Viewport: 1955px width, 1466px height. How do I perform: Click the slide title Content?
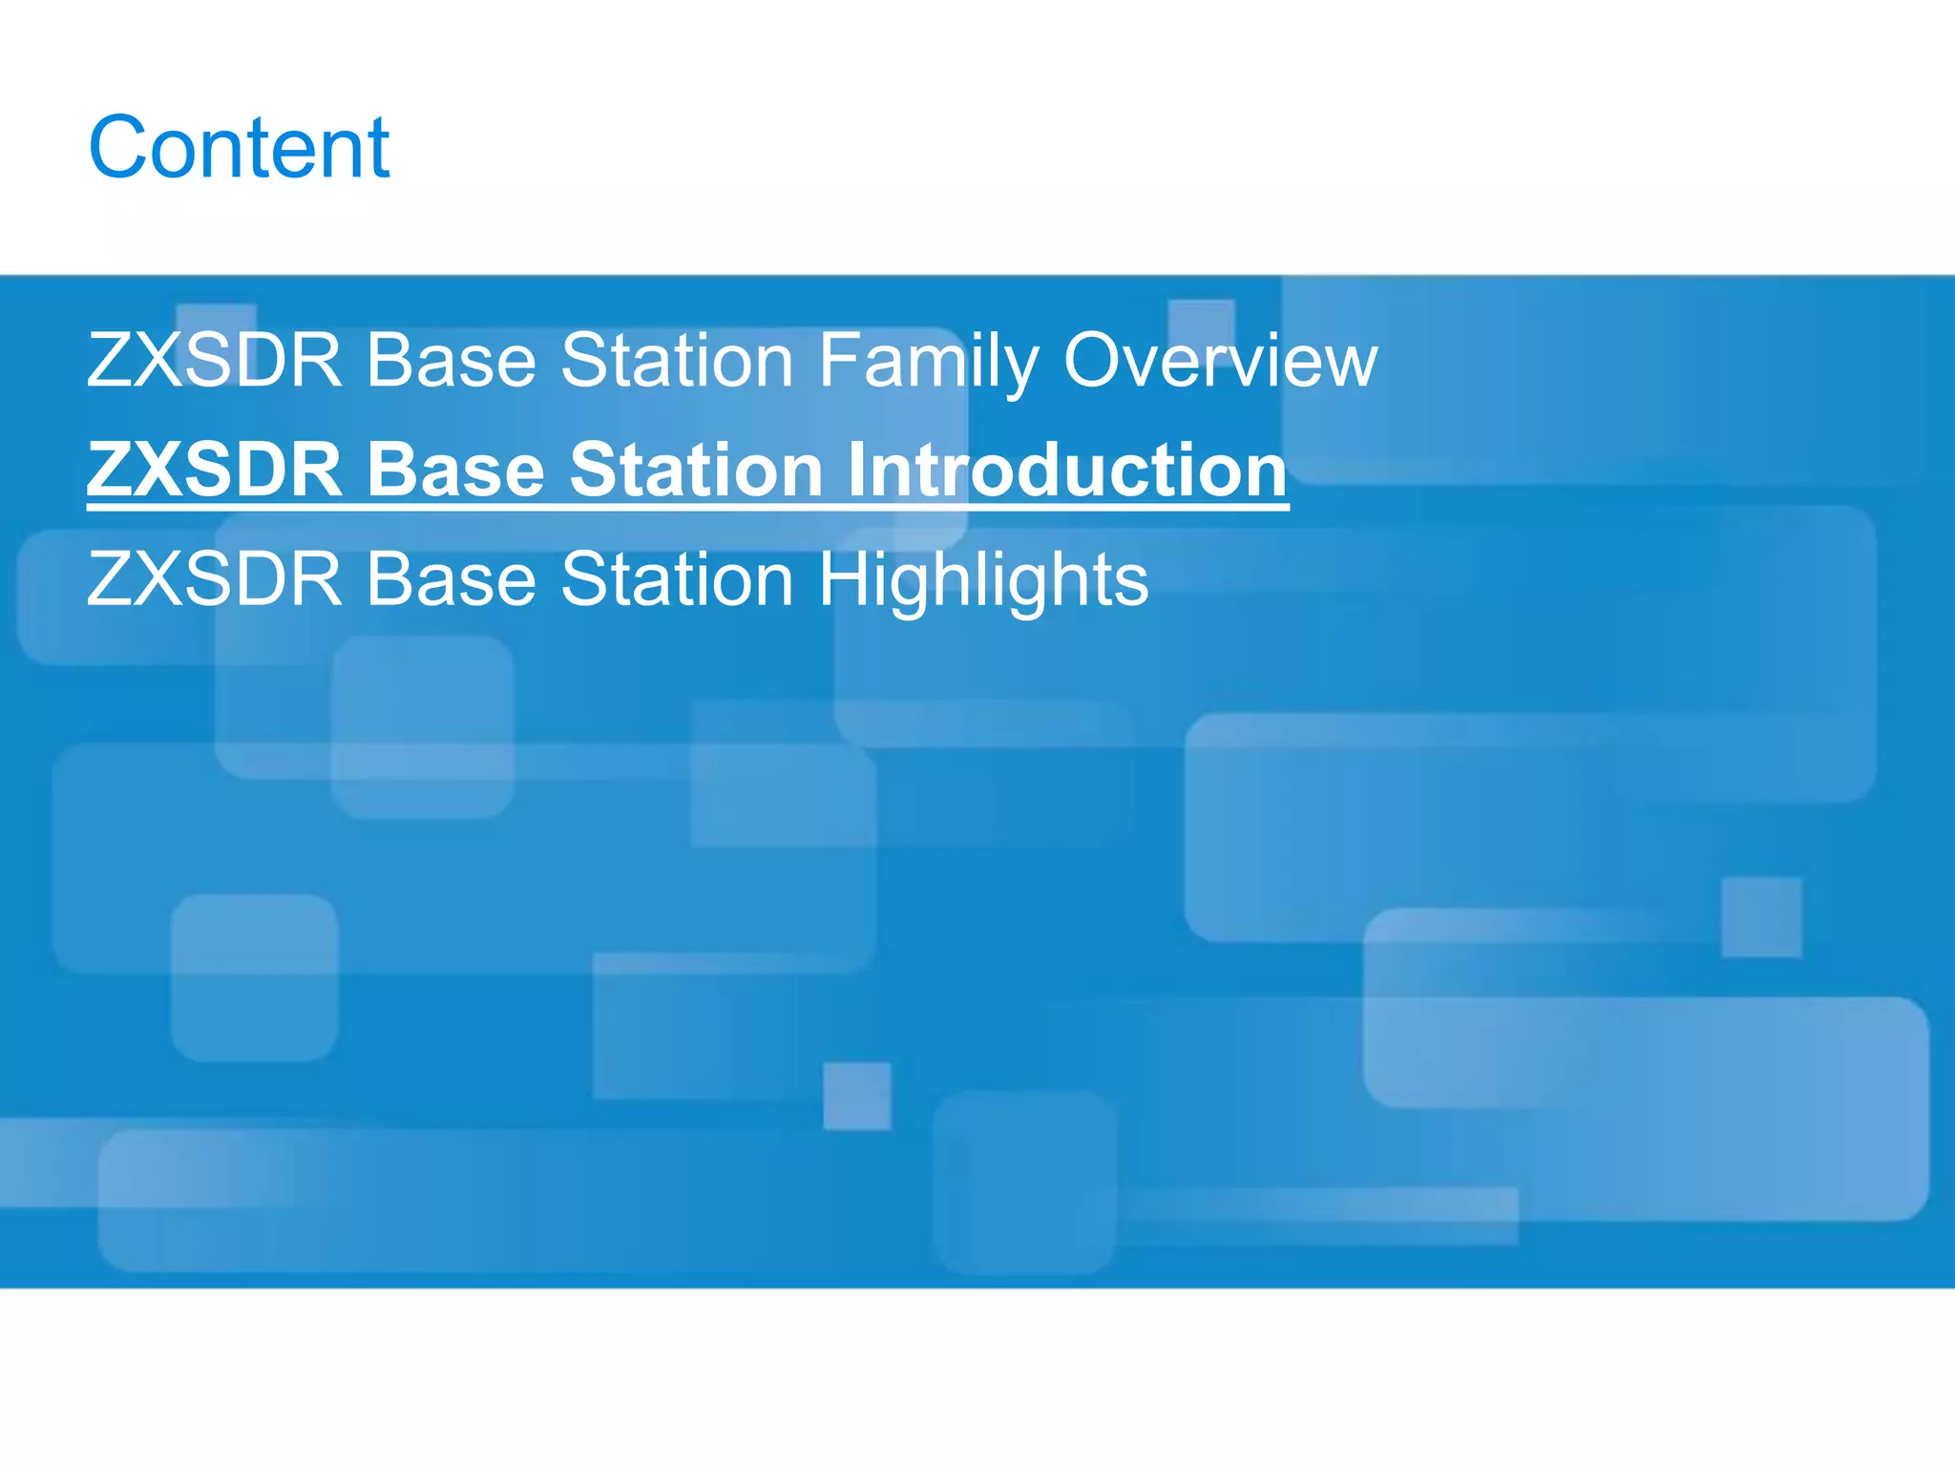tap(239, 147)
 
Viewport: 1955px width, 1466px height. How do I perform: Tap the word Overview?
tap(1220, 361)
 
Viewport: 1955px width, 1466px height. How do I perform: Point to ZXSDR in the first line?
tap(214, 361)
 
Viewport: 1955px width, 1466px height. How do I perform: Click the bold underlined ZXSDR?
tap(214, 471)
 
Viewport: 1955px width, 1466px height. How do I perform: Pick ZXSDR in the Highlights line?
tap(214, 579)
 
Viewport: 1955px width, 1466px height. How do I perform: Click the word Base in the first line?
tap(452, 361)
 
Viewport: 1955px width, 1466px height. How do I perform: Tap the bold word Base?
tap(455, 471)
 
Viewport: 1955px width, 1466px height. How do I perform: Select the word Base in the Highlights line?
tap(452, 579)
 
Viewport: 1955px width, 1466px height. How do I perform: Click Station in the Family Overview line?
tap(677, 361)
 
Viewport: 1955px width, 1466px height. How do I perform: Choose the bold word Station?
tap(696, 471)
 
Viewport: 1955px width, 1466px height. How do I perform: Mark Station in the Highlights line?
tap(677, 579)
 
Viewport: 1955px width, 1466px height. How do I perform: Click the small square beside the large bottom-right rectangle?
tap(1761, 917)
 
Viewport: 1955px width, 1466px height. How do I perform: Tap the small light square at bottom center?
tap(856, 1096)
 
